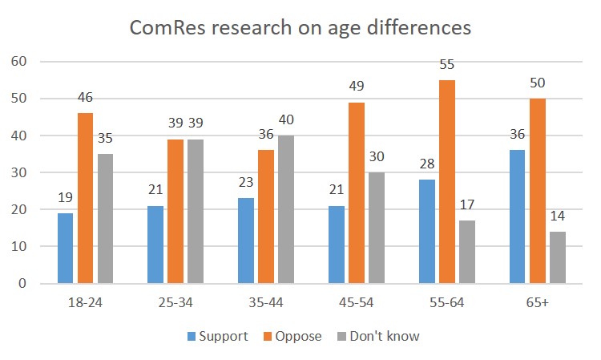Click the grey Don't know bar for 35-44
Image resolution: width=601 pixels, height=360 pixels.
coord(285,209)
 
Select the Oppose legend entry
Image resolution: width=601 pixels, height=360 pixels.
coord(292,336)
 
